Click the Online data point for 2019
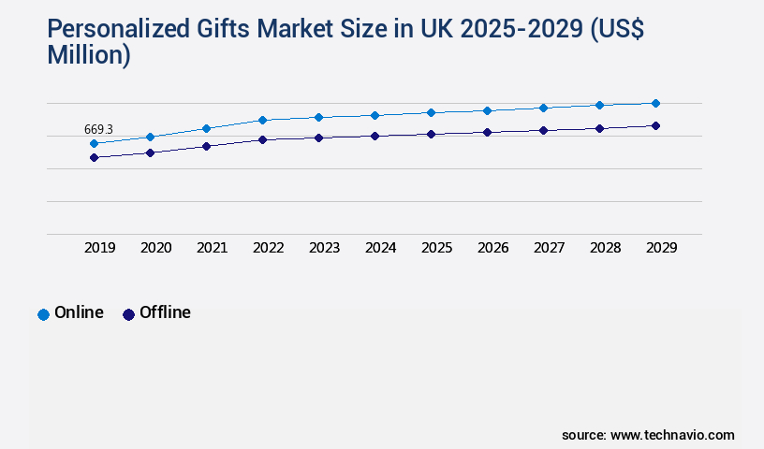click(x=94, y=143)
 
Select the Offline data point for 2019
click(x=94, y=157)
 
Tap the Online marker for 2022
click(x=262, y=120)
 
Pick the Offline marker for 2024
click(x=375, y=136)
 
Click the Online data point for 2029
click(x=655, y=103)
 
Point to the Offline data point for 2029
click(x=655, y=125)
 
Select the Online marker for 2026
click(x=487, y=110)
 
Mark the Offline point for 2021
click(x=206, y=146)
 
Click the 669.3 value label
click(x=98, y=129)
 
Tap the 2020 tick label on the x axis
click(x=155, y=248)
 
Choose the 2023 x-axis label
click(x=324, y=248)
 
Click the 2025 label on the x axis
click(x=436, y=248)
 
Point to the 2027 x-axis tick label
click(x=549, y=248)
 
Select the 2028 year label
click(x=605, y=248)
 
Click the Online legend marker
click(x=43, y=314)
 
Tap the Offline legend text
click(x=165, y=313)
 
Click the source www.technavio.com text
click(x=648, y=435)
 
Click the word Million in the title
click(x=88, y=55)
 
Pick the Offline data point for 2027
click(x=543, y=130)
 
